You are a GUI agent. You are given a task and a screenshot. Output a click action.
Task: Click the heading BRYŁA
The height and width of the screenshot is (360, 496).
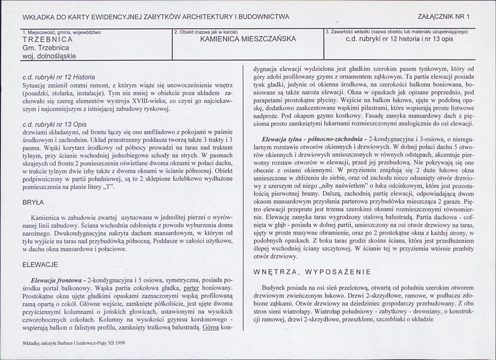tap(31, 203)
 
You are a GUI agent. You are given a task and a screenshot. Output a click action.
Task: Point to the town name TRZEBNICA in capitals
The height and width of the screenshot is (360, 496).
tap(48, 40)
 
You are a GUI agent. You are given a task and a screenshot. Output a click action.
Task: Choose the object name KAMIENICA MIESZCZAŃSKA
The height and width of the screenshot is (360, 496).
tap(248, 39)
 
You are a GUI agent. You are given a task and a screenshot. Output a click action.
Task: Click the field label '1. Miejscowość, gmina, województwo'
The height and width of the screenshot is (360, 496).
tap(61, 32)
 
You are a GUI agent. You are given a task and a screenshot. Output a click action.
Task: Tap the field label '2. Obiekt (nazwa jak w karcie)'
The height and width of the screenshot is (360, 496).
tap(206, 32)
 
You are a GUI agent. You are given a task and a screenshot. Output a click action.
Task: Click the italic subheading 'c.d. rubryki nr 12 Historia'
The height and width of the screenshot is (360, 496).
tap(59, 77)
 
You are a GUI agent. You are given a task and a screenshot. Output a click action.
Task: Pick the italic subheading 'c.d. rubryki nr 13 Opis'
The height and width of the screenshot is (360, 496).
tap(54, 124)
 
